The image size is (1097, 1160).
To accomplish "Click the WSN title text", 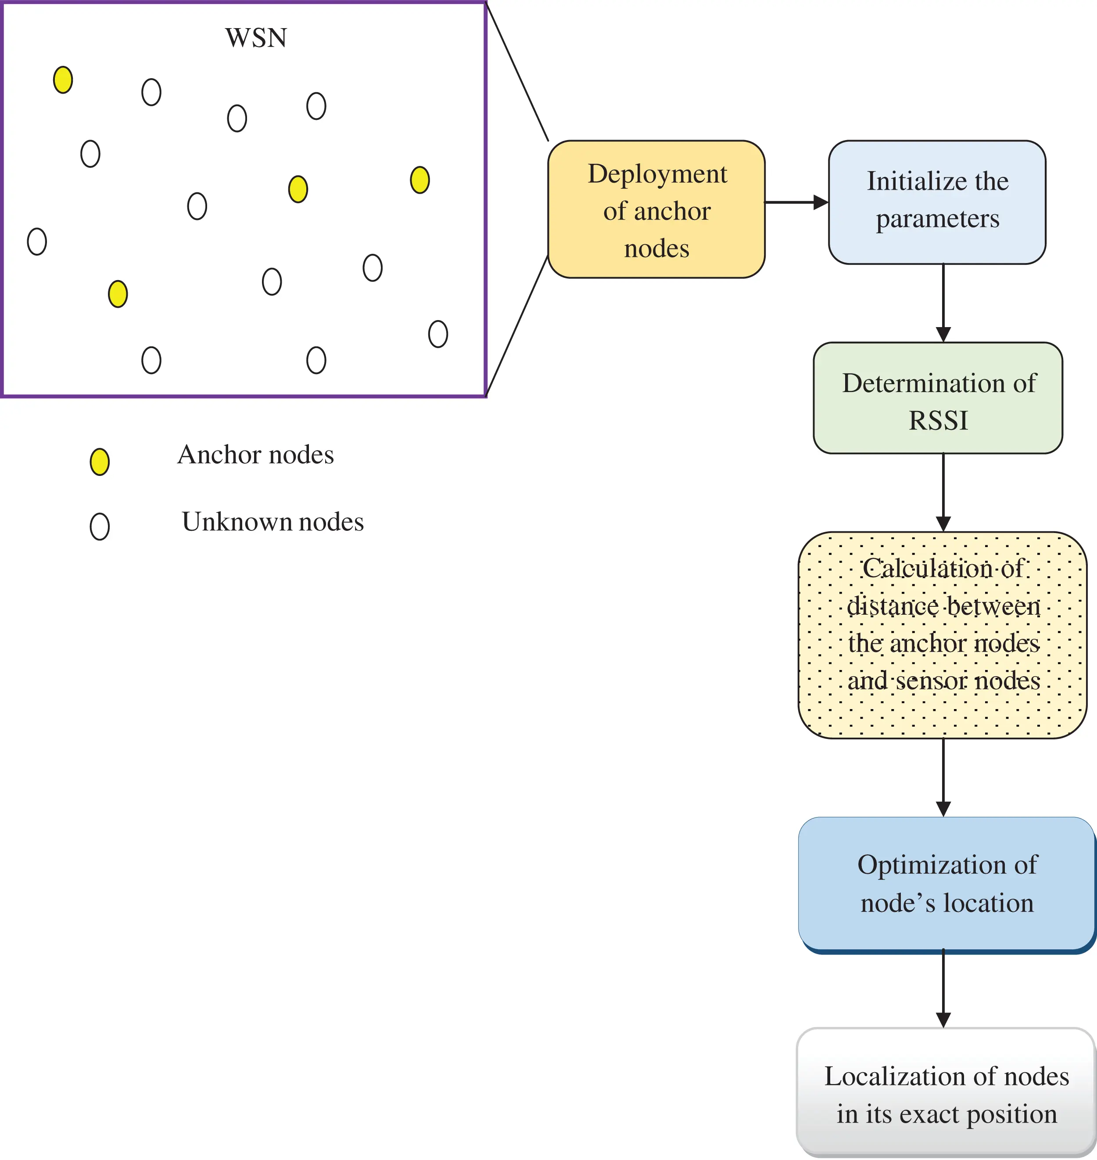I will [x=256, y=39].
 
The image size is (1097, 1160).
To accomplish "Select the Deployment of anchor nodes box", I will [x=656, y=209].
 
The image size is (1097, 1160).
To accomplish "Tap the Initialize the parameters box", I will [x=937, y=202].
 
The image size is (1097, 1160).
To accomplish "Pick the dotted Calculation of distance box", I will [x=943, y=635].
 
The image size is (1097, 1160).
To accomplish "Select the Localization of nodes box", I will [x=946, y=1094].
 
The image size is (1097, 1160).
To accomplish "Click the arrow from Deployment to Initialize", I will [x=795, y=202].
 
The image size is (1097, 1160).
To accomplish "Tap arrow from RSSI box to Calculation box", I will [x=943, y=491].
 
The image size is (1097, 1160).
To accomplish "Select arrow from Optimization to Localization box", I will [x=943, y=989].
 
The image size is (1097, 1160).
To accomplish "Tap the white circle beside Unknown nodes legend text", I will [x=100, y=526].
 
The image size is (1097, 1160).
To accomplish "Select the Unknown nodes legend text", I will [x=272, y=522].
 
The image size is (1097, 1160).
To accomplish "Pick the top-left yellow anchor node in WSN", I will [x=63, y=80].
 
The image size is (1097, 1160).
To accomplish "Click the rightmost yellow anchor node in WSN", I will [x=420, y=180].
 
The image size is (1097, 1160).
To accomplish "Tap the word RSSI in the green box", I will [x=938, y=421].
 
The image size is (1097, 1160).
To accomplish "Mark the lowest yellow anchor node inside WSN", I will [x=118, y=294].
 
